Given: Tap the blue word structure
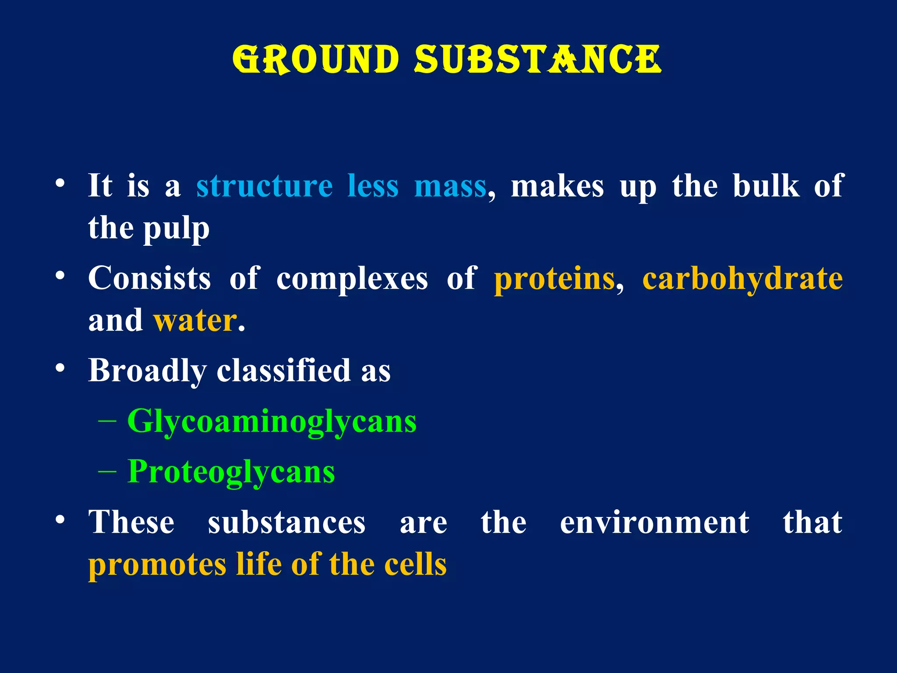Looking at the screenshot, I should point(265,186).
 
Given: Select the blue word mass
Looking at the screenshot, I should point(450,186).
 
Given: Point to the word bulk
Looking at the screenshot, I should point(766,186).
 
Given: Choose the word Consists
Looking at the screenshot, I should point(149,279).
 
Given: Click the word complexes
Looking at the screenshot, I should point(352,279).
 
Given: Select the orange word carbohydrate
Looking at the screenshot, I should point(742,279).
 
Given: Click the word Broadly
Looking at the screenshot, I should point(147,371).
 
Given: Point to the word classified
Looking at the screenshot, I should point(284,371).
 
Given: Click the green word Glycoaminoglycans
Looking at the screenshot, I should point(272,422).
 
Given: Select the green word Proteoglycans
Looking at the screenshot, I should point(231,472).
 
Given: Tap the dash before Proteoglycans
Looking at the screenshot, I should point(107,472).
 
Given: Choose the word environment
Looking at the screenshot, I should point(654,523).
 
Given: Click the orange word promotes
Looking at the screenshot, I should point(157,565).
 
